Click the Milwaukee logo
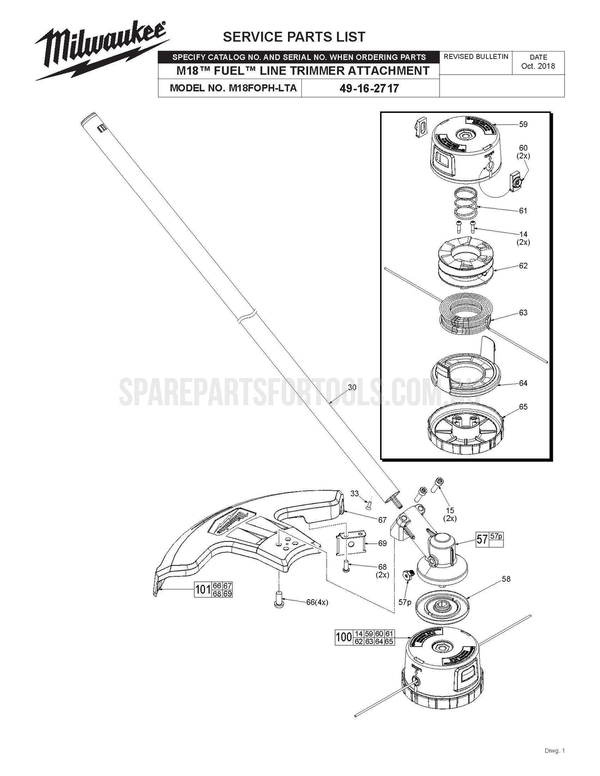tap(101, 51)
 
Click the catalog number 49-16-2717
tap(369, 88)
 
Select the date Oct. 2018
tap(538, 66)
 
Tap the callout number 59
tap(523, 124)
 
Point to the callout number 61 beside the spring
tap(523, 211)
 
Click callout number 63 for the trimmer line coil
tap(523, 313)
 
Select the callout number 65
tap(523, 407)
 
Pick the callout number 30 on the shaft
tap(352, 387)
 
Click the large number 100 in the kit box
tap(344, 637)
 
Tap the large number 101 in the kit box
tap(203, 590)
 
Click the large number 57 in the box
tap(482, 539)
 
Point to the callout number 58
tap(506, 579)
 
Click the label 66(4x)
tap(317, 602)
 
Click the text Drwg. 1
tap(554, 751)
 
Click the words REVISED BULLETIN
tap(476, 57)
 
